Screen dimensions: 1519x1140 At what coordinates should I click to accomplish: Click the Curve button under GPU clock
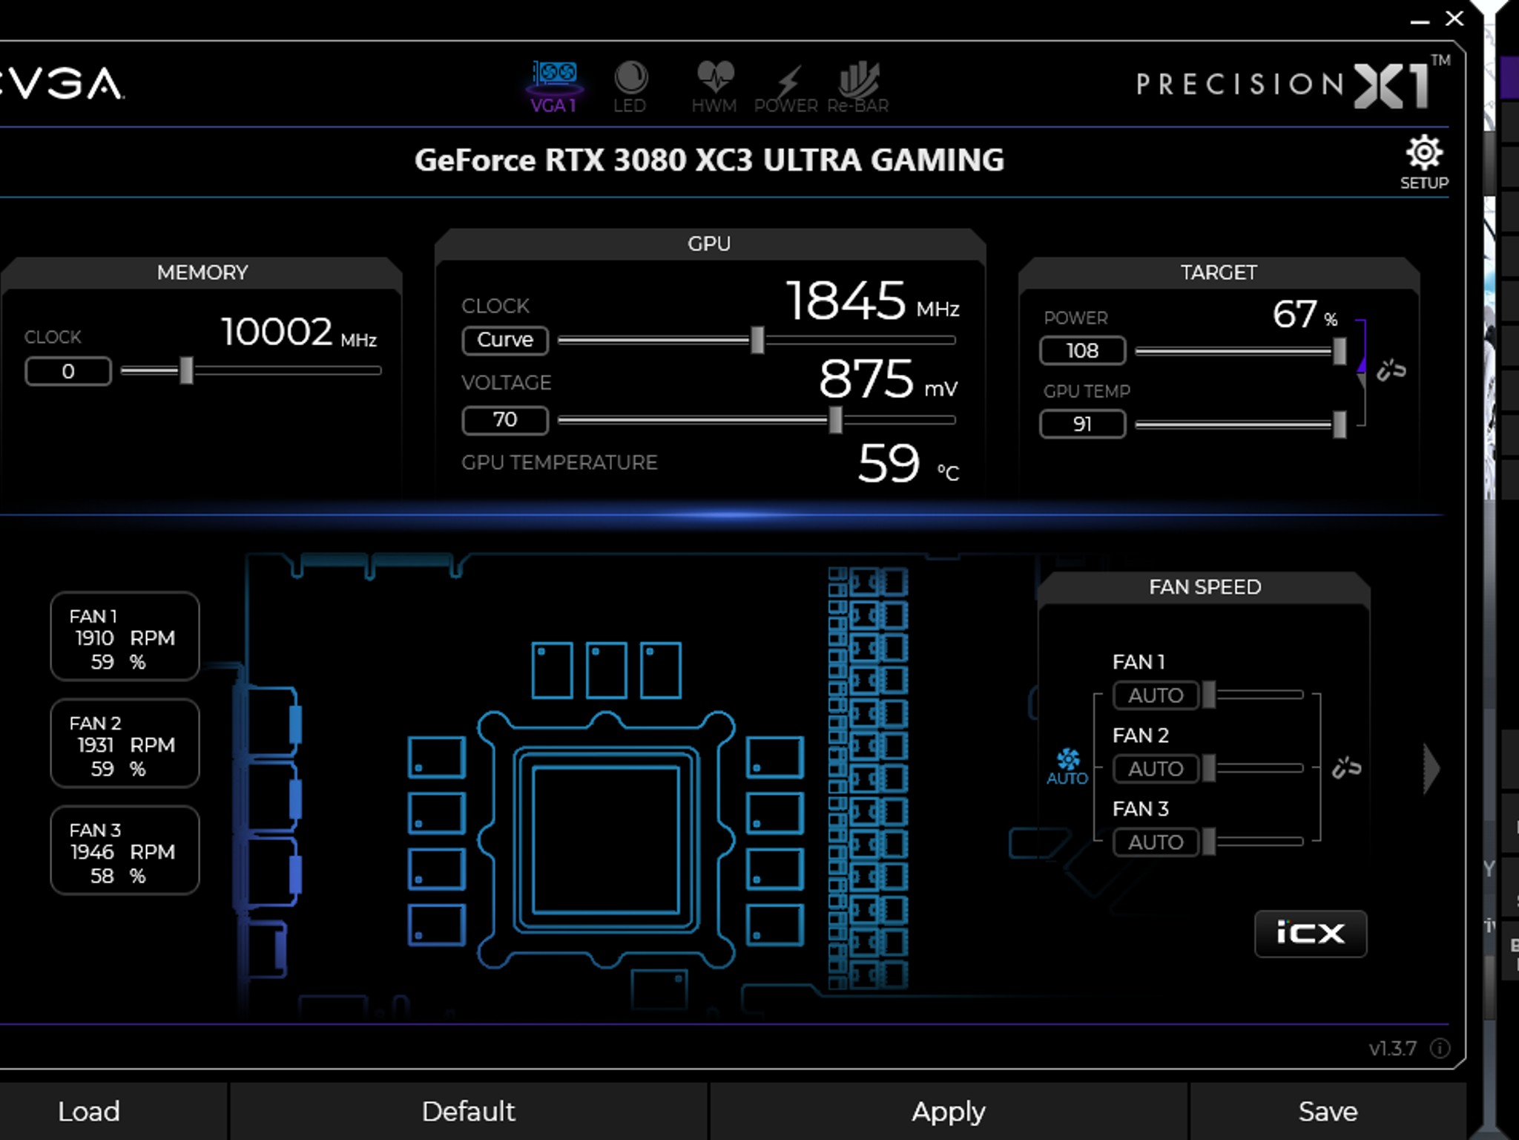pos(505,340)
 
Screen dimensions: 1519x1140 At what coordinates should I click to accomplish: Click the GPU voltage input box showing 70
pos(505,420)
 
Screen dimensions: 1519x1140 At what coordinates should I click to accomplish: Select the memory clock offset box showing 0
pos(68,371)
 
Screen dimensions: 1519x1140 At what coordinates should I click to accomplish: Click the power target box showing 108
pos(1082,350)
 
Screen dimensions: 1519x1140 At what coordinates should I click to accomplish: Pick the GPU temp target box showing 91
pos(1082,424)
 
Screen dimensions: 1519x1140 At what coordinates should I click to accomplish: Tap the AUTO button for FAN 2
pos(1155,768)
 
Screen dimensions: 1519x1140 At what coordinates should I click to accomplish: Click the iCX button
pos(1310,933)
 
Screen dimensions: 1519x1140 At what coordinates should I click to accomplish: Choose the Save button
pos(1328,1111)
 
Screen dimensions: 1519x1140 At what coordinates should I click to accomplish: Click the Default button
pos(468,1111)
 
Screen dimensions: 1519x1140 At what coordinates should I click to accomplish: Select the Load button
pos(89,1111)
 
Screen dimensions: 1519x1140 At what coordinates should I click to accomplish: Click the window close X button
pos(1454,19)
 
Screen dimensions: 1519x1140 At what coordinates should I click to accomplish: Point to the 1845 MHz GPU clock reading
pos(846,301)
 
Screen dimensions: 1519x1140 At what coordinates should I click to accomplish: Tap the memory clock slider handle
pos(187,370)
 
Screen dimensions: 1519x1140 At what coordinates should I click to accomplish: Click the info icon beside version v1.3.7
pos(1440,1048)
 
